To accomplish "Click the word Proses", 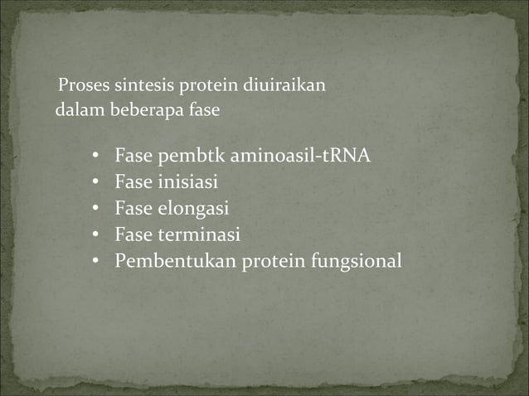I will [79, 85].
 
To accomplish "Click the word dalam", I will [75, 109].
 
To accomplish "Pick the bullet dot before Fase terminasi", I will [96, 236].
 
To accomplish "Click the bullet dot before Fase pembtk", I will [96, 156].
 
